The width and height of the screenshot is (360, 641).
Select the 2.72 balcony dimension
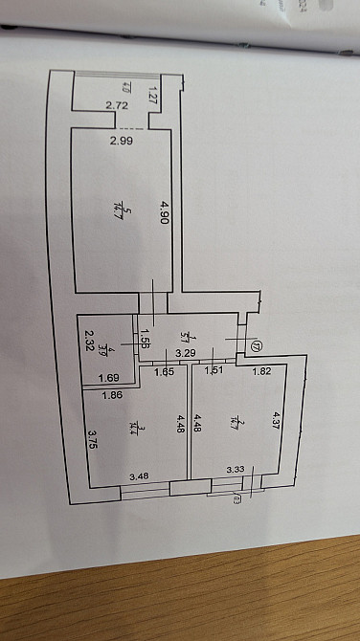tap(117, 105)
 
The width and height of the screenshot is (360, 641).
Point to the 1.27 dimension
tap(152, 94)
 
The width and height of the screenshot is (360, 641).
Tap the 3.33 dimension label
tap(235, 470)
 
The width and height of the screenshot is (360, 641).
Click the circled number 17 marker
tap(256, 345)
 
